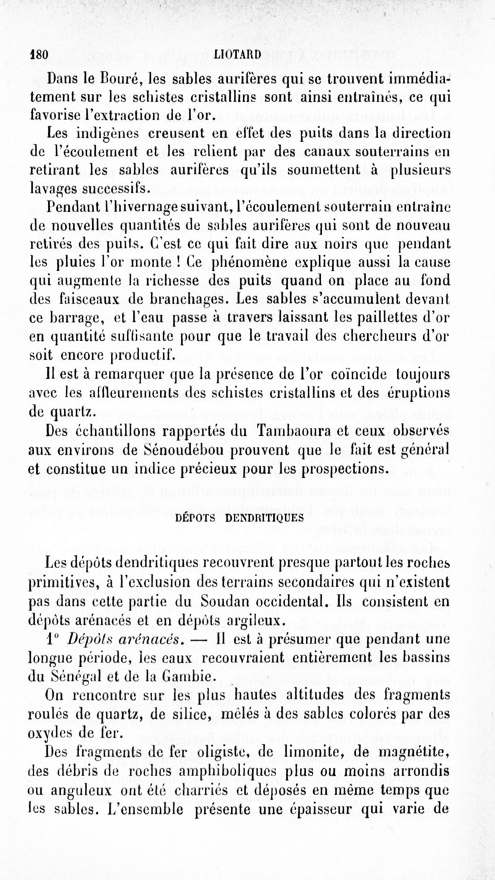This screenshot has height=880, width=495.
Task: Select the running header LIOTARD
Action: (238, 53)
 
